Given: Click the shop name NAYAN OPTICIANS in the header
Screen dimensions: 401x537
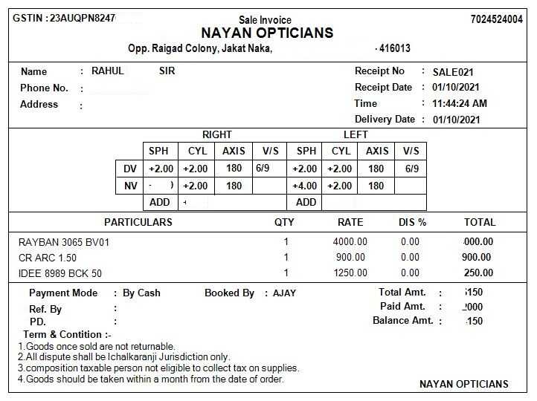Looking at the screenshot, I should [267, 33].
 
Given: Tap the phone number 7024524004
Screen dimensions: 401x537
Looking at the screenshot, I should [497, 19].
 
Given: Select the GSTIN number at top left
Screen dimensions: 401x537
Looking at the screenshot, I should [64, 18].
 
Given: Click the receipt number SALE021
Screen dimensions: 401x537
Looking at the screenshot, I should [453, 72].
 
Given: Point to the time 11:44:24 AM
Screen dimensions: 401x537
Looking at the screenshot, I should [460, 104].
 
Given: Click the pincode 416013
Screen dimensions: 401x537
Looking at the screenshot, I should [394, 49].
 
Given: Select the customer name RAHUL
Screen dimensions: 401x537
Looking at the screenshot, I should [108, 71].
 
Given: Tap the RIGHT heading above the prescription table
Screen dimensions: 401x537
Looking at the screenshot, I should [216, 135].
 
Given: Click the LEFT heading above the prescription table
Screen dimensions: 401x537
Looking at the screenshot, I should [356, 135].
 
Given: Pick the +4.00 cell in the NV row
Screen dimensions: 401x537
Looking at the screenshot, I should [305, 186].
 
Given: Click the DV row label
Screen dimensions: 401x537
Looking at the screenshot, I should [129, 169].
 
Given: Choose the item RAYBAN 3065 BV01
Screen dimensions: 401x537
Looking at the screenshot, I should [64, 242].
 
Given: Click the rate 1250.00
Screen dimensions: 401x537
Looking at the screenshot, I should [350, 273].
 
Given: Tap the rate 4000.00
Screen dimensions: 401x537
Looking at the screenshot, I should [350, 242].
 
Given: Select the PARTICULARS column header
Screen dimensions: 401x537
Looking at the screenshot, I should [138, 222].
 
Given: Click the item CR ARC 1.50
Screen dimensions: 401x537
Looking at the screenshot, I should [48, 258].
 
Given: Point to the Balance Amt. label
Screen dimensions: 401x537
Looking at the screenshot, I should [402, 321].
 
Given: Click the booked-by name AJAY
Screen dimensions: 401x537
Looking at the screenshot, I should [284, 293].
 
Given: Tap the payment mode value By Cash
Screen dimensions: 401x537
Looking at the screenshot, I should [141, 293].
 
